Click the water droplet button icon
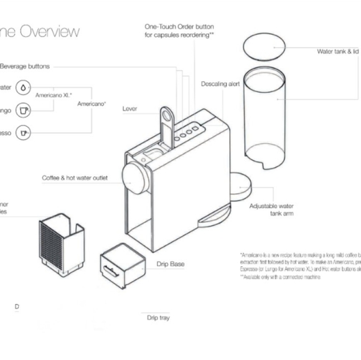(x=23, y=88)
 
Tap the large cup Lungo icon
(x=23, y=111)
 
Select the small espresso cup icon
(x=23, y=133)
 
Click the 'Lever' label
(x=129, y=108)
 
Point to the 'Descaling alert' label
(x=220, y=83)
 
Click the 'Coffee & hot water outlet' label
(x=75, y=178)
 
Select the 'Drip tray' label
(x=158, y=318)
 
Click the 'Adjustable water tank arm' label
(x=271, y=209)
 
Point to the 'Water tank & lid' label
(x=338, y=52)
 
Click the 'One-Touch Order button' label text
(x=179, y=27)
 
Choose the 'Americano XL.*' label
(x=54, y=95)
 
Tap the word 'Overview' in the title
(x=50, y=31)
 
